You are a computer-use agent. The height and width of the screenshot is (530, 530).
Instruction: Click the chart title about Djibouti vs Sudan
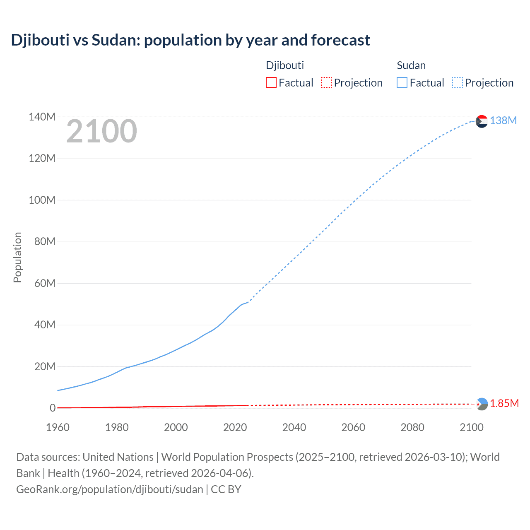click(190, 40)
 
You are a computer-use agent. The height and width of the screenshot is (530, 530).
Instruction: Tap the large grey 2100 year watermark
click(101, 131)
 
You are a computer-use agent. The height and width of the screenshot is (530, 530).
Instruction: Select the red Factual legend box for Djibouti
click(271, 82)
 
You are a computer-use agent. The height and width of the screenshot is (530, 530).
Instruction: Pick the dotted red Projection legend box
click(326, 82)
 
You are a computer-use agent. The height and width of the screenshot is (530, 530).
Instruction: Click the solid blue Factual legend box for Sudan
click(402, 82)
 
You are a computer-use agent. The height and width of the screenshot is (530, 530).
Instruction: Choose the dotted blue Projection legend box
click(457, 82)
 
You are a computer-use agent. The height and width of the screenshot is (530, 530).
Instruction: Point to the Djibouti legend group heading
click(285, 65)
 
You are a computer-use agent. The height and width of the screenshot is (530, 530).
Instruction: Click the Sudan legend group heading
click(411, 65)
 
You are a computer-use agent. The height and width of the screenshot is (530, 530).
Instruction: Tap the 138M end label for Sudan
click(503, 120)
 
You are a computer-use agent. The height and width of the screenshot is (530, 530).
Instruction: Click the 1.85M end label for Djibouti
click(504, 403)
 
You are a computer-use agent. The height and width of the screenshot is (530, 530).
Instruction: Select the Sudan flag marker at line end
click(482, 121)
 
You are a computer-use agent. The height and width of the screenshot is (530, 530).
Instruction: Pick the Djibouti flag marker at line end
click(482, 404)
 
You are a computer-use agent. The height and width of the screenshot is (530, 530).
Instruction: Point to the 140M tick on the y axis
click(42, 117)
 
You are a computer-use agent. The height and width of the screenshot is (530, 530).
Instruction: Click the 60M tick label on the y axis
click(45, 283)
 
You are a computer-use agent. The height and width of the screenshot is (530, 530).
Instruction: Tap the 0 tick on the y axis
click(53, 408)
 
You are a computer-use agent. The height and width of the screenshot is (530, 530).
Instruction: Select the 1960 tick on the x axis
click(58, 427)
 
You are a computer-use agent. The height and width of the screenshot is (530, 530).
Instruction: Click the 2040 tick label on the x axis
click(294, 427)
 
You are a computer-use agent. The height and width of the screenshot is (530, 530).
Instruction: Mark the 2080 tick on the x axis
click(412, 427)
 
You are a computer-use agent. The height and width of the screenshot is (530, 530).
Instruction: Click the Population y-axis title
click(17, 257)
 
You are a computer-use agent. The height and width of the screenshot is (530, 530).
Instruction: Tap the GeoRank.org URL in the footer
click(110, 489)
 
